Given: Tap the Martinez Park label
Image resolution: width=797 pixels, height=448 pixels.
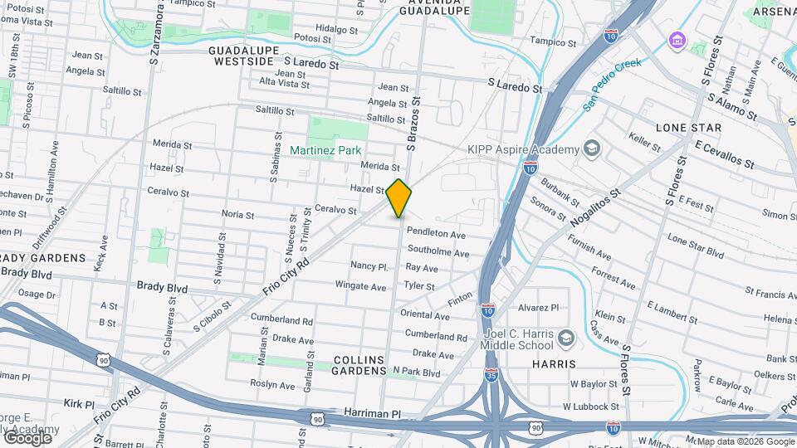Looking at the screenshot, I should (x=325, y=150).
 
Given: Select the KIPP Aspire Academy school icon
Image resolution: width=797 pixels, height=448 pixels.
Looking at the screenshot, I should (x=591, y=149).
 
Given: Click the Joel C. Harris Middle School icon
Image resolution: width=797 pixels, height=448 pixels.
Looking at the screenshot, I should (x=566, y=337).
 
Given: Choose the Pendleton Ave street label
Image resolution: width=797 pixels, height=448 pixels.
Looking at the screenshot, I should (x=436, y=235).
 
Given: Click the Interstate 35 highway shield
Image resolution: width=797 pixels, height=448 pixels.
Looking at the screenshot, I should (x=491, y=374).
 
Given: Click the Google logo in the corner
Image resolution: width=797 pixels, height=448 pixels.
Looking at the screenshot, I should (x=27, y=437).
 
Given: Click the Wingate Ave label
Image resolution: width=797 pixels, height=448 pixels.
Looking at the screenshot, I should (x=360, y=286).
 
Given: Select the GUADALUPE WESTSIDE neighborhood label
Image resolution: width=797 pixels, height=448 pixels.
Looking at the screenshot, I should (x=242, y=56).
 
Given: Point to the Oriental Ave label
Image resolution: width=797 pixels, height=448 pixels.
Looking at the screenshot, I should (x=424, y=315).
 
